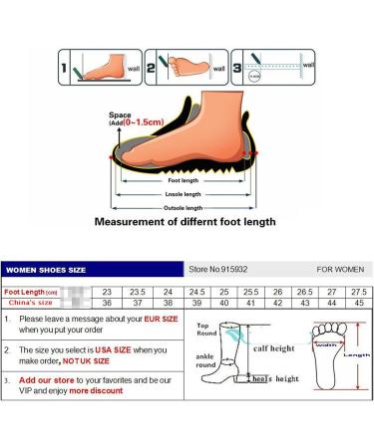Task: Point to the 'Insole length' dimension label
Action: tap(185, 193)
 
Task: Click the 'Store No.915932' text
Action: tap(217, 269)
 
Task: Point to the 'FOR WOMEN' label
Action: tap(340, 269)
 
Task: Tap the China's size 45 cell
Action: tap(356, 303)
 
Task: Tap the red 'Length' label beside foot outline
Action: tap(356, 353)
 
